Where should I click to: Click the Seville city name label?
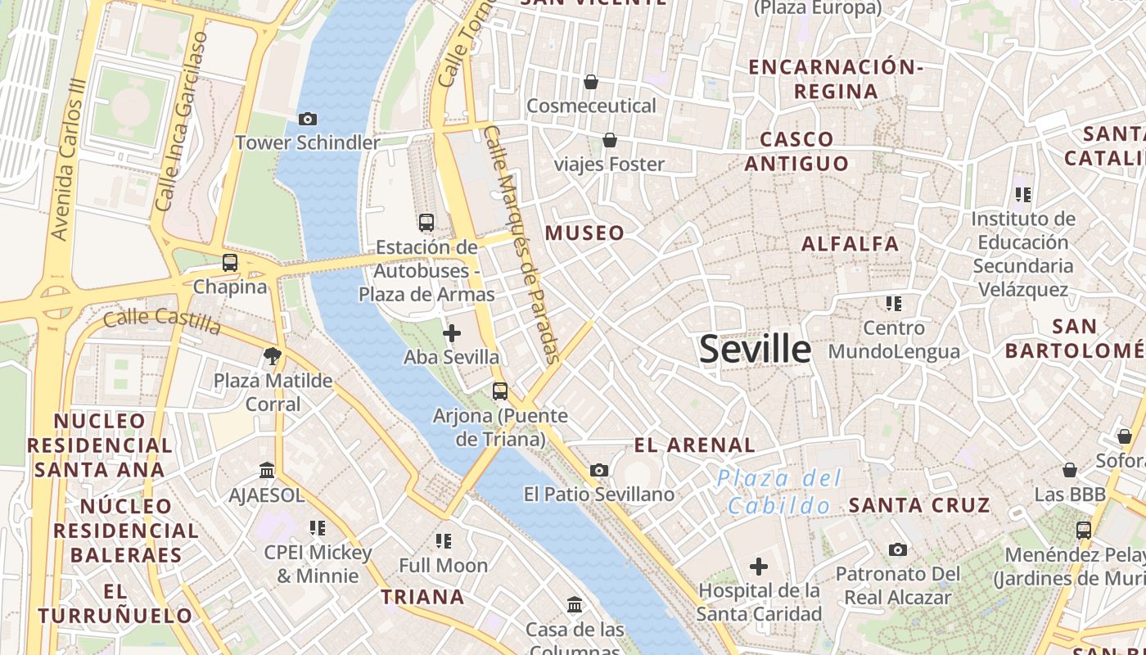pos(755,350)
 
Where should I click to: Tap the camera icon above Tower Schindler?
pos(308,120)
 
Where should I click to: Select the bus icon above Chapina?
pos(230,263)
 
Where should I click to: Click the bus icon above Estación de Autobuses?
pos(426,222)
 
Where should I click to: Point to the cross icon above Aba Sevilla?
pos(451,333)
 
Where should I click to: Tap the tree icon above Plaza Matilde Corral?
pos(273,356)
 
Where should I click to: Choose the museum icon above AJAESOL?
pos(267,471)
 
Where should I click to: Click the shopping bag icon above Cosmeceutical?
pos(591,82)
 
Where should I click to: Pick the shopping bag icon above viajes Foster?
pos(610,140)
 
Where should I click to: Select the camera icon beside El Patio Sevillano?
pos(599,470)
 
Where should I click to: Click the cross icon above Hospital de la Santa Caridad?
pos(759,566)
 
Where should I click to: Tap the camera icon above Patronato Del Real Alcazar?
pos(898,549)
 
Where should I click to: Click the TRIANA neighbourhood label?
pos(422,597)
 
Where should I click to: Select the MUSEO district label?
pos(584,233)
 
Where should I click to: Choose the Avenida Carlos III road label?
pos(68,160)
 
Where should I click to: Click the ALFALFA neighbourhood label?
pos(850,243)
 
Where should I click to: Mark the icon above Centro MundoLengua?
pos(894,304)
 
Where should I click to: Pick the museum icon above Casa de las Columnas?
pos(575,605)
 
